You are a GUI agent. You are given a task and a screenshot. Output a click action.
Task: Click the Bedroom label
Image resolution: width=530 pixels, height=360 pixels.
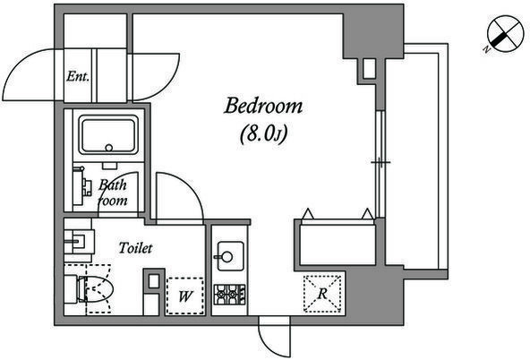[x=263, y=106]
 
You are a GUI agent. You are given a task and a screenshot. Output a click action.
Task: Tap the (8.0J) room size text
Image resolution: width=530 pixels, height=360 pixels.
[x=263, y=134]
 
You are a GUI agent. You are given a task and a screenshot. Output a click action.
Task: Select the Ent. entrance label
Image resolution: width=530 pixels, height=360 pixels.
[x=78, y=76]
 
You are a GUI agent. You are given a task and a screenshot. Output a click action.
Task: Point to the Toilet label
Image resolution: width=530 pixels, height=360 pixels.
[x=135, y=248]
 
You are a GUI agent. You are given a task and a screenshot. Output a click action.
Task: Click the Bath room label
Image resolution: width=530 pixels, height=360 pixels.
[x=113, y=193]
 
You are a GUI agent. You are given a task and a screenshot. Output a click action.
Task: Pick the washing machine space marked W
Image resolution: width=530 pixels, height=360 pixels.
[x=185, y=296]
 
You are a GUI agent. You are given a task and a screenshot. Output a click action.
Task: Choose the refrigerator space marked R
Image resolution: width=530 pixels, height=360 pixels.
[x=322, y=294]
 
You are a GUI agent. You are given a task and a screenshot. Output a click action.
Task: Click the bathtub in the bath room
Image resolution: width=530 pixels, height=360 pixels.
[x=108, y=135]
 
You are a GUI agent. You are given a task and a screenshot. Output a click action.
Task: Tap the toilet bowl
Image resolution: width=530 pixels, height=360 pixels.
[x=97, y=289]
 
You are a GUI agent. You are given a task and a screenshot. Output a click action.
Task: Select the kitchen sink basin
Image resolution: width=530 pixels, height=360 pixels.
[x=230, y=256]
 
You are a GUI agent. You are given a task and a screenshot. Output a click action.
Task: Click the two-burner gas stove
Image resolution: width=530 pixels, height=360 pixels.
[x=229, y=295]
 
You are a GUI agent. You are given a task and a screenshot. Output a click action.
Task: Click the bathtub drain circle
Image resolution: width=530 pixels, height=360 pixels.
[x=109, y=148]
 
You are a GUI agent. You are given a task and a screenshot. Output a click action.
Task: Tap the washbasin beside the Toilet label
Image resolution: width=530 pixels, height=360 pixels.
[x=80, y=241]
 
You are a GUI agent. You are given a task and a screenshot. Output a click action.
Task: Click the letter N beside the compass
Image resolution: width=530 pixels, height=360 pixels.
[x=487, y=49]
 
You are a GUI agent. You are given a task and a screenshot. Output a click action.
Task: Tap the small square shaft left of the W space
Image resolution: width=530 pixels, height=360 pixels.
[x=154, y=281]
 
